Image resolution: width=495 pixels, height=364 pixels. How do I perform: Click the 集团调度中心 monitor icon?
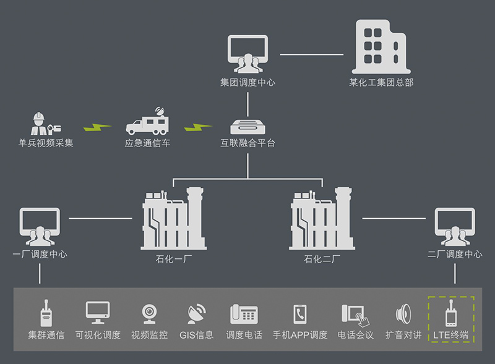tap(247, 54)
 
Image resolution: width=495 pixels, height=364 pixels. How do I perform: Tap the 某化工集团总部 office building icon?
tap(381, 47)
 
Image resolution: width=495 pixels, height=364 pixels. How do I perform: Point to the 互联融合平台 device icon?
tap(247, 127)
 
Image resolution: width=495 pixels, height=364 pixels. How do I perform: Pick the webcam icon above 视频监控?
tap(149, 314)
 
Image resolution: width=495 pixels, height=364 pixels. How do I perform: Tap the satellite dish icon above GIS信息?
tap(196, 314)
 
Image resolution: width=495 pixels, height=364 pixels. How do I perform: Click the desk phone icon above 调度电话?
tap(244, 314)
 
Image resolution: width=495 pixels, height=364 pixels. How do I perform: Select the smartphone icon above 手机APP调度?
tap(300, 314)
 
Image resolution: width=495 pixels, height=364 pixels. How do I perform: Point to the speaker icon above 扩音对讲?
tap(403, 314)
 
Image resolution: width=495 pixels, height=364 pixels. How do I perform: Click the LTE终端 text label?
tap(450, 336)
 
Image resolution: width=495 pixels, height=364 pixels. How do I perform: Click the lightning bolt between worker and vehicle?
tap(97, 127)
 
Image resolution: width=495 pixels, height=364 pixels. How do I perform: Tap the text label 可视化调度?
tap(98, 336)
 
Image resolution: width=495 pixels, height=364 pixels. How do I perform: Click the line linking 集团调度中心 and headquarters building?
tap(311, 54)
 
